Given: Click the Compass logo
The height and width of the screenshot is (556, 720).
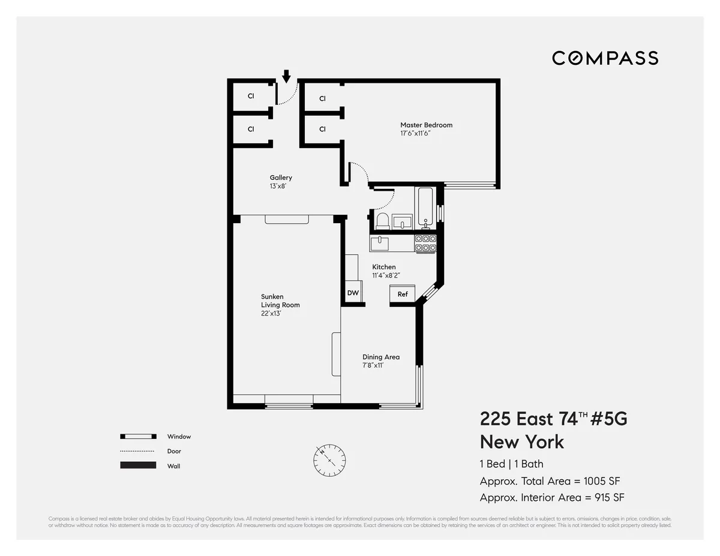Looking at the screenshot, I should (605, 58).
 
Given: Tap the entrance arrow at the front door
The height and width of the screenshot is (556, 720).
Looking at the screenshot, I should (286, 76).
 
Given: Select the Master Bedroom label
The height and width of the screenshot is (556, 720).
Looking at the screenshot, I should (426, 125).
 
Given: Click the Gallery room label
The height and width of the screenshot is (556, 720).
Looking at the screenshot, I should (281, 178).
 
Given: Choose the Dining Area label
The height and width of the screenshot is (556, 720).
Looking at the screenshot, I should (380, 357).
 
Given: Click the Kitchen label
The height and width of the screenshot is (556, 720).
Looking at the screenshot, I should (384, 267).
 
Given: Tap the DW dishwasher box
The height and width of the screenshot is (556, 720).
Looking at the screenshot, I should (353, 293).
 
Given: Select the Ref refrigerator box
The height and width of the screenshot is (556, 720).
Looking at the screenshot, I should (403, 294).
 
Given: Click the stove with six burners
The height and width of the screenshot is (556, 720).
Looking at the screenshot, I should (425, 243).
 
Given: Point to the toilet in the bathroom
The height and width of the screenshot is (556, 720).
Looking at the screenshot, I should (382, 220).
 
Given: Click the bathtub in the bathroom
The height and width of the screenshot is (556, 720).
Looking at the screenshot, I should (425, 208).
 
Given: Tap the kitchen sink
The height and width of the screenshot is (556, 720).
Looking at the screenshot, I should (379, 243).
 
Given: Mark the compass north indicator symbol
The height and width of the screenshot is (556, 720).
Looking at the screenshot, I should (329, 459).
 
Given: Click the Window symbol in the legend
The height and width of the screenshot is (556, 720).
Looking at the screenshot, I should (138, 437).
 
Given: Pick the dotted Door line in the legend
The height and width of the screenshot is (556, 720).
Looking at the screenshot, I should (138, 451).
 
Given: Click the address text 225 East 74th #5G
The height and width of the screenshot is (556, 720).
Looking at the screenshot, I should (553, 419).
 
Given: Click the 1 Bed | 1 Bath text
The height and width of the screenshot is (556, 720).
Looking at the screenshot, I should (511, 464).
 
